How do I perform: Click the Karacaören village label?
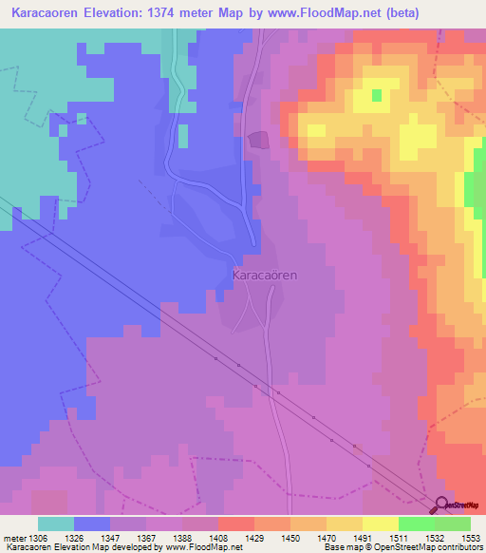coord(265,275)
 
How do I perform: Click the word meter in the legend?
coord(14,538)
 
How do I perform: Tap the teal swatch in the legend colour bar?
coord(55,524)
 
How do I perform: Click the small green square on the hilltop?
coord(376,95)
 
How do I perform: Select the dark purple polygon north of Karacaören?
coord(258,142)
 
